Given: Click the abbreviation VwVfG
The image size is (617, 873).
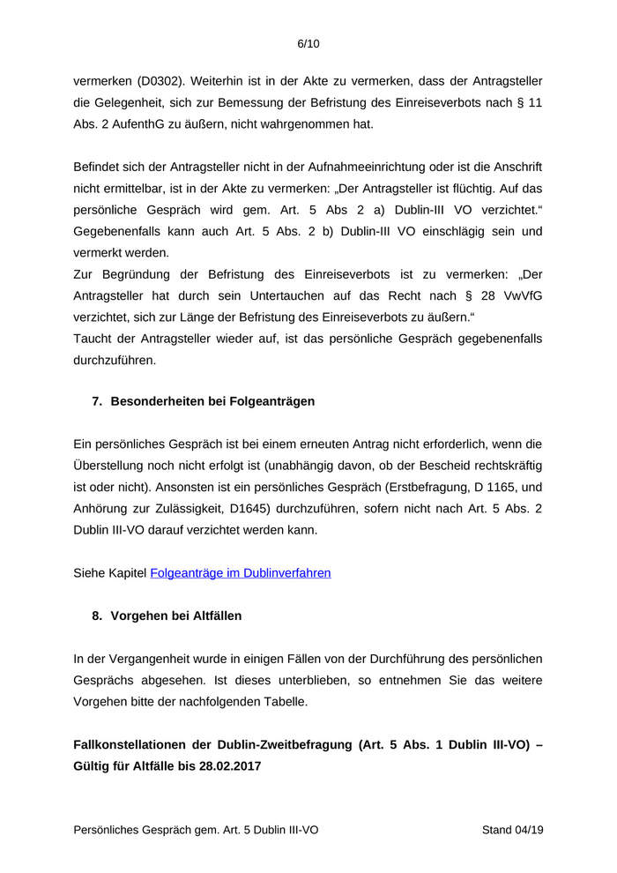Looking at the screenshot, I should (521, 295).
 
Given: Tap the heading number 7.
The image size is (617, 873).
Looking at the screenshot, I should (97, 401).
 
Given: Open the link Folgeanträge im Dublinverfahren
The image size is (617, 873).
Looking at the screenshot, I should (241, 573).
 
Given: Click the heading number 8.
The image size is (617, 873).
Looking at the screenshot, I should (97, 616).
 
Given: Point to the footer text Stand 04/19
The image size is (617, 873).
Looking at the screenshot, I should (512, 831).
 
